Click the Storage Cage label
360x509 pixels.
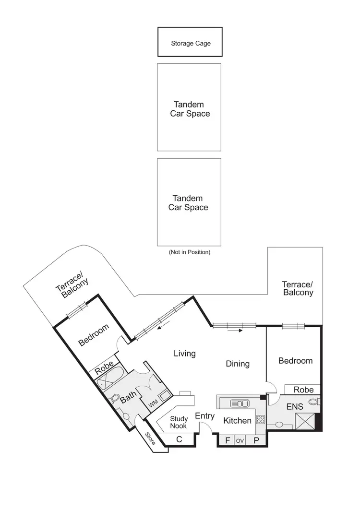pyautogui.click(x=191, y=44)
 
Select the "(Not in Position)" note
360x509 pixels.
pyautogui.click(x=189, y=252)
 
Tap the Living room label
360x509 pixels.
pyautogui.click(x=185, y=354)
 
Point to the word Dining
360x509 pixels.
pyautogui.click(x=238, y=364)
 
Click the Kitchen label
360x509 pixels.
pyautogui.click(x=238, y=421)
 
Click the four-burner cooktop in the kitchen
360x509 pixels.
pyautogui.click(x=261, y=419)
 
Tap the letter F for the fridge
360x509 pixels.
pyautogui.click(x=228, y=440)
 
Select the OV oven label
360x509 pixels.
pyautogui.click(x=240, y=440)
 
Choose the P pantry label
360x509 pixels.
pyautogui.click(x=256, y=440)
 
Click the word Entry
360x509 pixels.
pyautogui.click(x=204, y=416)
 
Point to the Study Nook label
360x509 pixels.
pyautogui.click(x=179, y=422)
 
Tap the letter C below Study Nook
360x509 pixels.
pyautogui.click(x=179, y=438)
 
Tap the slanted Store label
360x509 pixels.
pyautogui.click(x=151, y=439)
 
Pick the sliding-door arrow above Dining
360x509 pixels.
pyautogui.click(x=234, y=330)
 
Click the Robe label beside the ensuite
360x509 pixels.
pyautogui.click(x=303, y=390)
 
